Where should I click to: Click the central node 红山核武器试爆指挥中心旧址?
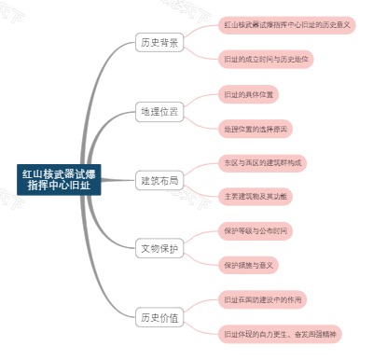58,179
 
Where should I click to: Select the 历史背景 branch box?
159,43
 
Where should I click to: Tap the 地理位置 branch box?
159,111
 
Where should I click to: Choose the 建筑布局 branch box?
159,179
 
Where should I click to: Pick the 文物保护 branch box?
159,248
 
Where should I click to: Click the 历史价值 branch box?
159,316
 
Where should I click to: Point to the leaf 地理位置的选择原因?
257,128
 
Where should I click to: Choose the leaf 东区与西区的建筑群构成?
265,162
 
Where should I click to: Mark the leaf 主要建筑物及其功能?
257,196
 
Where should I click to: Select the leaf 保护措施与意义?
252,265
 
